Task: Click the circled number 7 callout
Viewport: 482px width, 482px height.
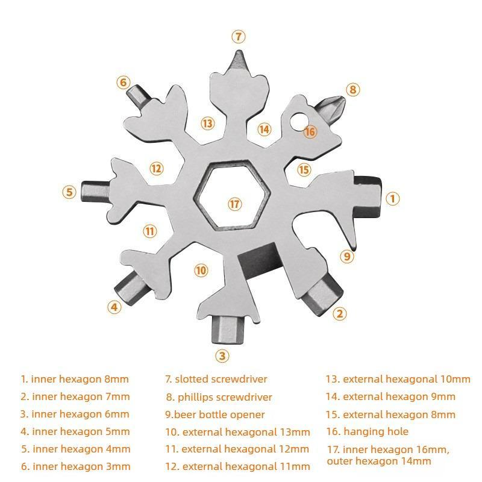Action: click(x=239, y=36)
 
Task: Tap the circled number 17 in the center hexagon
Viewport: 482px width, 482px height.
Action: click(x=234, y=204)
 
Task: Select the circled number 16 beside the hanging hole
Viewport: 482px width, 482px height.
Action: click(x=310, y=131)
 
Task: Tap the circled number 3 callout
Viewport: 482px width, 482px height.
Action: click(x=223, y=355)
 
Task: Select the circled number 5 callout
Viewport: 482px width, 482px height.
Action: click(x=70, y=192)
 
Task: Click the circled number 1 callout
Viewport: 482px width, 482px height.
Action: click(x=392, y=198)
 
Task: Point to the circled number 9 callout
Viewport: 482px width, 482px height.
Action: click(x=345, y=256)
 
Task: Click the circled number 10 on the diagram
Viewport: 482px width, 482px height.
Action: click(x=201, y=270)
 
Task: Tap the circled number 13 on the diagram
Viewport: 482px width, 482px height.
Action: click(x=207, y=123)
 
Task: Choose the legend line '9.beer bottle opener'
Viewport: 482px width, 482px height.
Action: click(x=215, y=415)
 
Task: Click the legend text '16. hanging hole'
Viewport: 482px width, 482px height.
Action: click(x=368, y=431)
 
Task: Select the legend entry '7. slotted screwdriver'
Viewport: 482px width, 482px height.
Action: click(x=216, y=379)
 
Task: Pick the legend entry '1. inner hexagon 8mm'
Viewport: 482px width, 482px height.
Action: click(x=75, y=379)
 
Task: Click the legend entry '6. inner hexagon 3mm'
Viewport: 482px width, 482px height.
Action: click(x=75, y=466)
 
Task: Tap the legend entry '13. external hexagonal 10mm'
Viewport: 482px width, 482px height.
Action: click(x=398, y=379)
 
